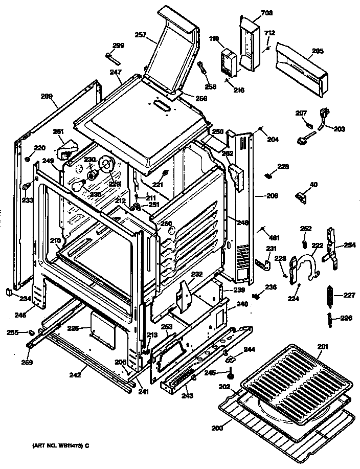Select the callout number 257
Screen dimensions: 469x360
140,35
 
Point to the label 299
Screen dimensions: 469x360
118,46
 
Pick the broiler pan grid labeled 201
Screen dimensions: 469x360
297,373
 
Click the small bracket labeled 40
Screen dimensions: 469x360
302,196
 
